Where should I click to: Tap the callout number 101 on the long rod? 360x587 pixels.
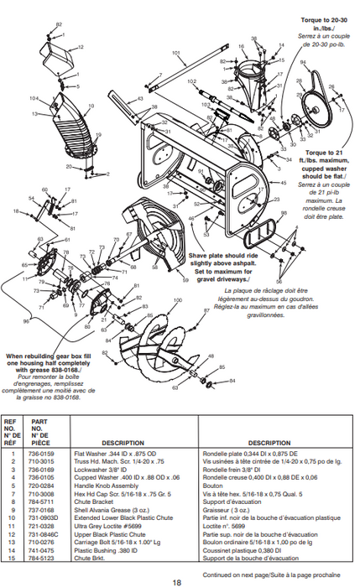pos(177,54)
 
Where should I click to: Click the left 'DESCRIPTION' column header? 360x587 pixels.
pos(123,443)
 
